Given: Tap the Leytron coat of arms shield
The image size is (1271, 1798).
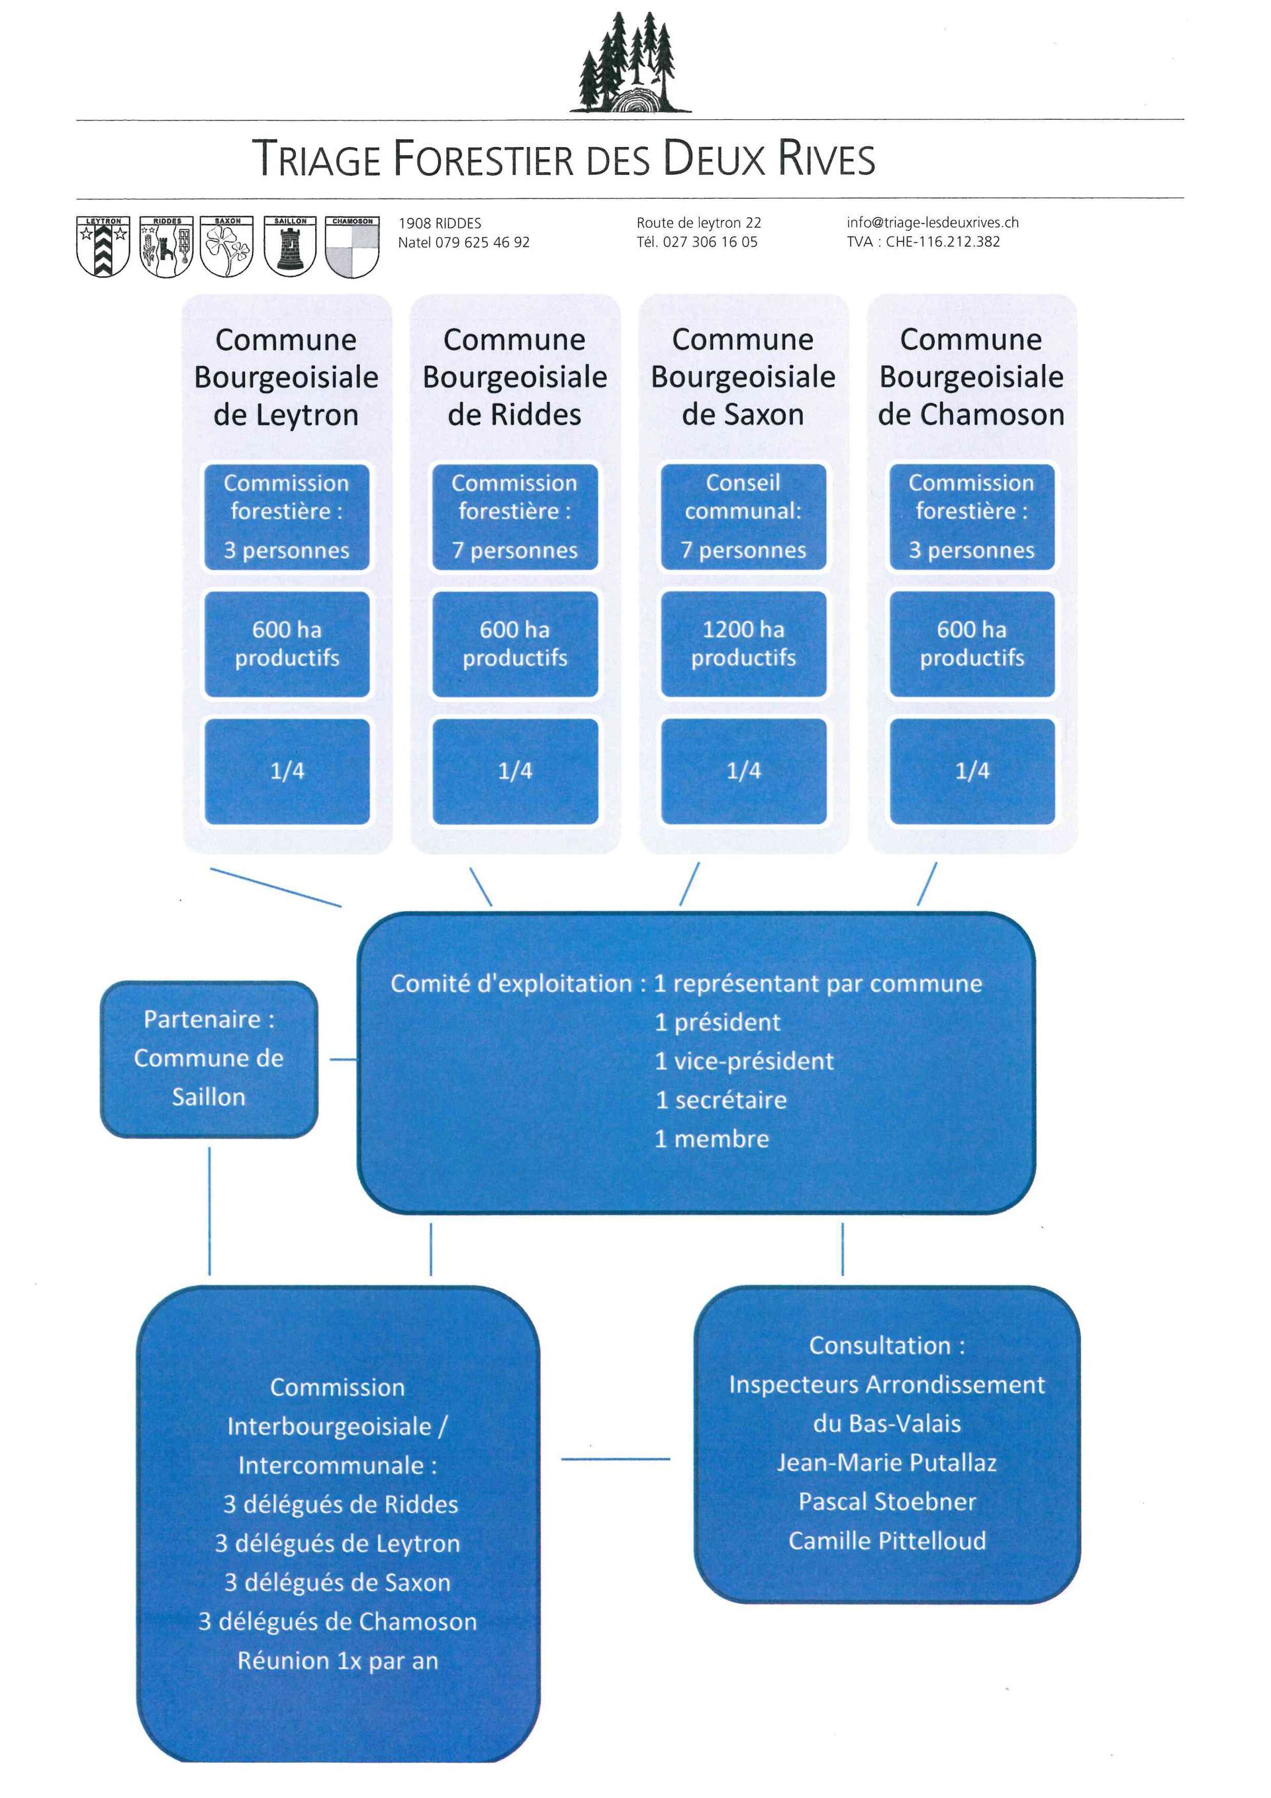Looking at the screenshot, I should pos(103,248).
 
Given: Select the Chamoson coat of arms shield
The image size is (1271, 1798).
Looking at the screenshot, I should pos(352,248).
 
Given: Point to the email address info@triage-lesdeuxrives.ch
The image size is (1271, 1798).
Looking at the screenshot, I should pos(932,223).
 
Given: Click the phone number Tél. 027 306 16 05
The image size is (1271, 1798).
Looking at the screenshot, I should pos(696,242).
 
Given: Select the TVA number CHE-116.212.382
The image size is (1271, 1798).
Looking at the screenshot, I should pos(923,242).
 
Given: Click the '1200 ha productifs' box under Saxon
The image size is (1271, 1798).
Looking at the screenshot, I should pos(743,644).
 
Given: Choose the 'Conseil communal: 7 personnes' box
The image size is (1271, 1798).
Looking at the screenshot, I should pos(743,517).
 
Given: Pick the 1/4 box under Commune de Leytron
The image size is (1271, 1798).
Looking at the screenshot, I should pos(287,772).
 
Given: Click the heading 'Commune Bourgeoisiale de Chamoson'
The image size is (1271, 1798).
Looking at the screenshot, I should pos(970,377).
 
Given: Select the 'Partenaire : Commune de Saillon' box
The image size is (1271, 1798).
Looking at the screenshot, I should pos(209,1058).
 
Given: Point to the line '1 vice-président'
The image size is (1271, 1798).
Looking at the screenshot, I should pos(743,1061).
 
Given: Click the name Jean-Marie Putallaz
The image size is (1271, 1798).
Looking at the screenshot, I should pos(887,1463).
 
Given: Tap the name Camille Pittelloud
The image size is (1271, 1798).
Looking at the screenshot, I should pos(887,1541).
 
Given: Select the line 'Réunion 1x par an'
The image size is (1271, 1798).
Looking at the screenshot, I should pos(338,1661).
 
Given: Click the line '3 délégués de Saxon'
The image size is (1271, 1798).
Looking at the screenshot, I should pos(338,1583).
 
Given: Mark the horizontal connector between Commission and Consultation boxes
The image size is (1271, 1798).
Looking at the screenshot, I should pos(616,1459).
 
